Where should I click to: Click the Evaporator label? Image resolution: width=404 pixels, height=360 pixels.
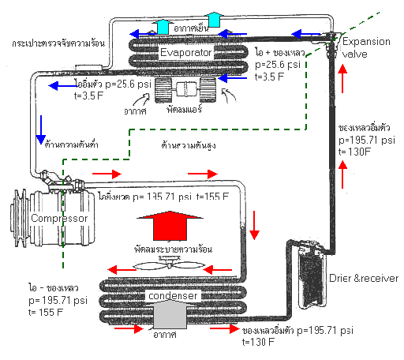pos(187,53)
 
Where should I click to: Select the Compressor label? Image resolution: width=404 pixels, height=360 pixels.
pos(54,217)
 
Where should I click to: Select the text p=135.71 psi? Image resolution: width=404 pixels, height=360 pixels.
pos(159,194)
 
